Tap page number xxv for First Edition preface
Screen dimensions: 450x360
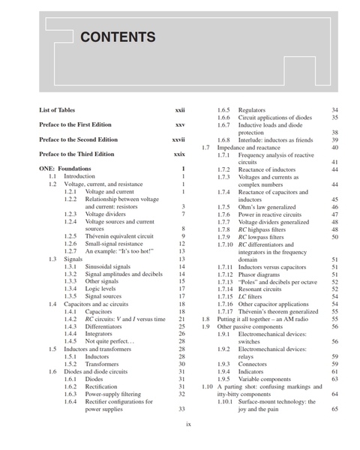tap(180, 124)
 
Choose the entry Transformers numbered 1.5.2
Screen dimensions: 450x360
tap(105, 364)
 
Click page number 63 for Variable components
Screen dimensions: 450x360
tap(334, 379)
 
